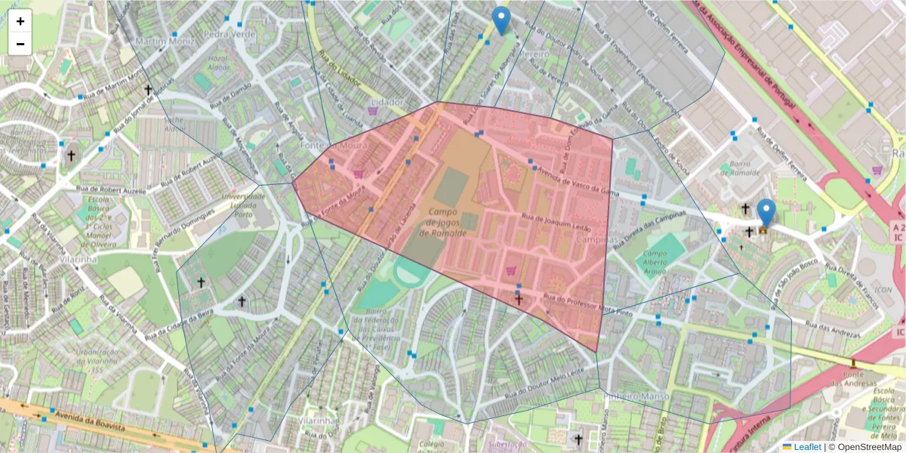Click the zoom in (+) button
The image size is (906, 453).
tap(20, 21)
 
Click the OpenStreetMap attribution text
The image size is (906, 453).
tap(865, 447)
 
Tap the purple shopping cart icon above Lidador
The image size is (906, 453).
tap(372, 110)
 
